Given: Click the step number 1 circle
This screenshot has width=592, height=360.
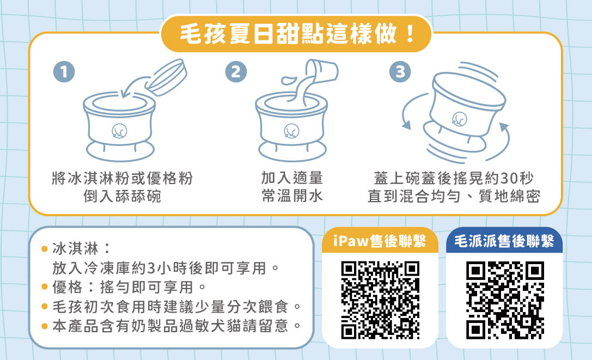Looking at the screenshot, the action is [x=64, y=72].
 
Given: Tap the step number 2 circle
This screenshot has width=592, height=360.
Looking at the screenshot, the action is [x=236, y=72].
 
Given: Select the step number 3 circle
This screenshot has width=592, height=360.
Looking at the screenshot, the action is [x=400, y=72].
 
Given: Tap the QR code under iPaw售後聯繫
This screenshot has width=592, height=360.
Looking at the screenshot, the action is [x=380, y=300].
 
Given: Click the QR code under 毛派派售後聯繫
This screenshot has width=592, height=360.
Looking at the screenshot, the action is [x=505, y=300].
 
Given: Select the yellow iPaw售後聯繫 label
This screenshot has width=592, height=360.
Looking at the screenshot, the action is [x=380, y=241].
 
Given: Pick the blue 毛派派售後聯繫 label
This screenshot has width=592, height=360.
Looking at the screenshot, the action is [x=504, y=241].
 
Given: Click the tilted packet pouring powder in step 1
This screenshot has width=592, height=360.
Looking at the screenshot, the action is [x=166, y=77].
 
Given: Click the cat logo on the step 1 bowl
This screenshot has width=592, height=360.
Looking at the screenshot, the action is [x=119, y=131].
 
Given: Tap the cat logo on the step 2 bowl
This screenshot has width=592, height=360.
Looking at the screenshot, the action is [x=291, y=131].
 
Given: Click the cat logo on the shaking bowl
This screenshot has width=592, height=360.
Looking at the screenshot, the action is [x=460, y=119].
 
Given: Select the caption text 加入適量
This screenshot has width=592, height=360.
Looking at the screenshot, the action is [x=292, y=178].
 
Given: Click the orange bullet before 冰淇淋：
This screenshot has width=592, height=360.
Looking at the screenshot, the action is [x=44, y=249].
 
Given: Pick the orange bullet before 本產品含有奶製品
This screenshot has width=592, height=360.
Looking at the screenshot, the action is [x=44, y=326].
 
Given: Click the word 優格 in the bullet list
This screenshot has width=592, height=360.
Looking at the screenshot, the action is [x=68, y=288].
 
